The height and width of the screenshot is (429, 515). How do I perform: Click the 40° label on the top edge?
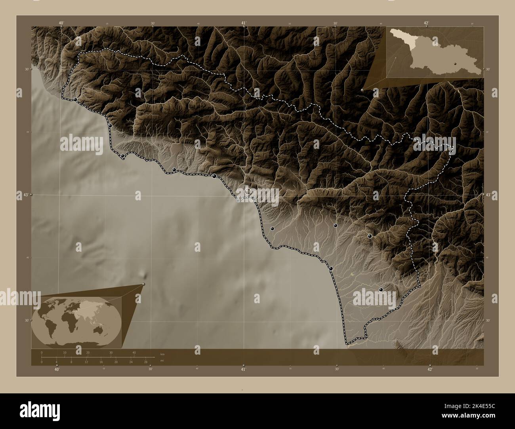61,23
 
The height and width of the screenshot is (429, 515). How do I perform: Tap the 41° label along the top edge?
244,23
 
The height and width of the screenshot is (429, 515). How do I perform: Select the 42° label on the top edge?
426,23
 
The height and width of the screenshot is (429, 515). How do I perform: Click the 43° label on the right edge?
488,195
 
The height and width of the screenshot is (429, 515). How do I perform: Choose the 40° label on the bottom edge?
57,369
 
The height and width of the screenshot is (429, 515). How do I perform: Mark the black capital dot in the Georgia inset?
456,63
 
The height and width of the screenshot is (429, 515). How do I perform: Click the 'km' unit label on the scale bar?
162,353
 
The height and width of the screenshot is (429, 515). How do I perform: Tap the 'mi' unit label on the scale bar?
162,361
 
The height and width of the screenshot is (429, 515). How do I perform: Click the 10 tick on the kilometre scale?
65,352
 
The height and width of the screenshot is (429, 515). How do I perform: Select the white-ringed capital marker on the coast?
248,191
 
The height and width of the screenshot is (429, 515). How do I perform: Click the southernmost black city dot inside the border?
381,290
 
